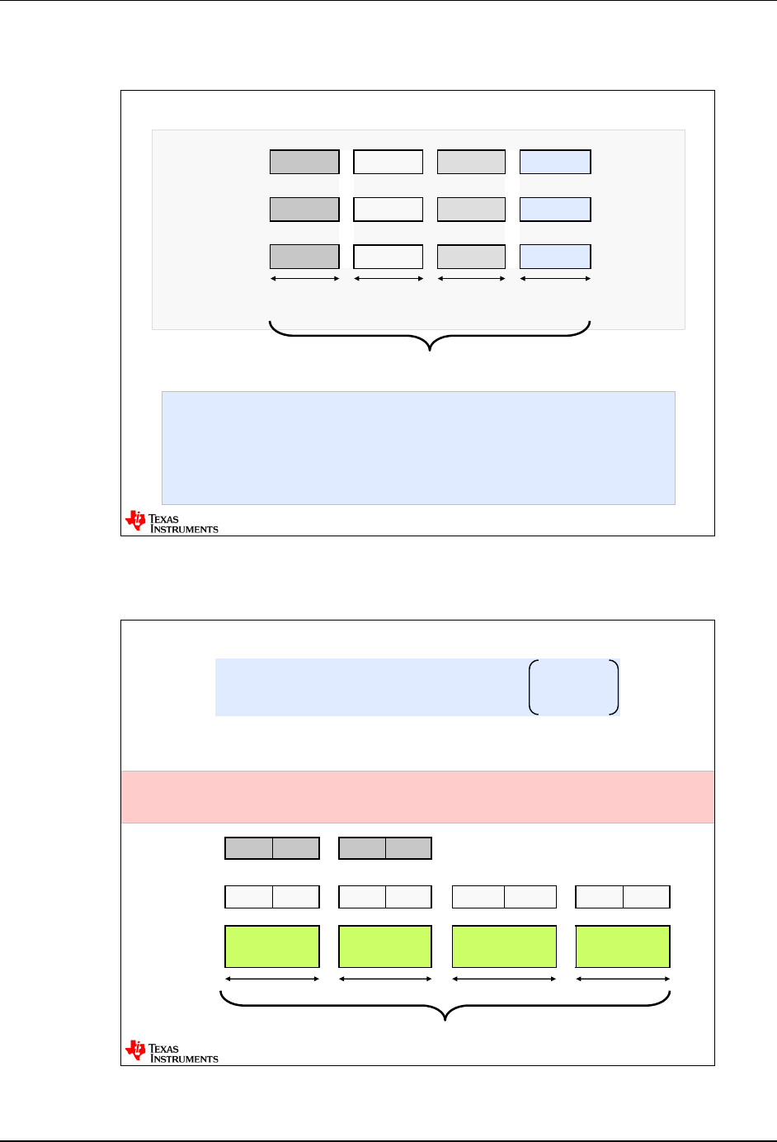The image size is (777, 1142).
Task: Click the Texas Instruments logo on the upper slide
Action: pos(172,522)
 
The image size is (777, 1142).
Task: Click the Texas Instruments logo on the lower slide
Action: pos(172,1052)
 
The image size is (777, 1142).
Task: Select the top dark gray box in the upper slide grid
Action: pos(304,162)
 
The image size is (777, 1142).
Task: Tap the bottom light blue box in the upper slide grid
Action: pos(555,257)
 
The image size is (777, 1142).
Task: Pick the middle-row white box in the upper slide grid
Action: pos(388,210)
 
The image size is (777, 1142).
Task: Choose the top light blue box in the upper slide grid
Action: pos(555,162)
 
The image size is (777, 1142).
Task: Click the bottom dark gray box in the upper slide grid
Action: pos(304,257)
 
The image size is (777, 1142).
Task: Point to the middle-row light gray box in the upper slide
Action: pos(471,210)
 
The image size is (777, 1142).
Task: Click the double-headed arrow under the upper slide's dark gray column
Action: pos(305,279)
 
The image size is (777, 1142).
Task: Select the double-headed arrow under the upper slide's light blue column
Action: pos(555,279)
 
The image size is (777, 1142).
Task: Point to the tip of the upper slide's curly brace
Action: pos(431,350)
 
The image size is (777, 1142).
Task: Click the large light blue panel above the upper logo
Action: pos(418,447)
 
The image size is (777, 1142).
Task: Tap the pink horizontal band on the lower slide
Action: pos(417,797)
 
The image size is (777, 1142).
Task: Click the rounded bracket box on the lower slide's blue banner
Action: pos(573,687)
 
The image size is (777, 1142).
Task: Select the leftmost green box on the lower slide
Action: pos(272,946)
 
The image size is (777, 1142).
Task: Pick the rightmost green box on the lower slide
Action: pos(623,946)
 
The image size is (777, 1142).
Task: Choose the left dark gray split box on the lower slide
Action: pos(272,848)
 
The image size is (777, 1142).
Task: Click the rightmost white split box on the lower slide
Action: pos(623,897)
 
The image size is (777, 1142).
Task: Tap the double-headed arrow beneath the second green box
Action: pos(385,979)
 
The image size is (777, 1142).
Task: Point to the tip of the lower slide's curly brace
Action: pos(446,1020)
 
